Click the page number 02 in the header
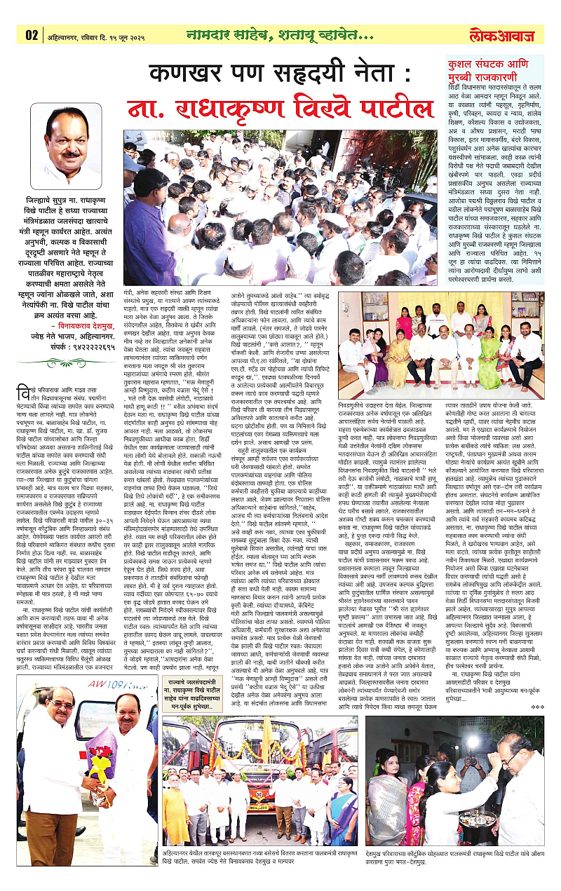point(32,34)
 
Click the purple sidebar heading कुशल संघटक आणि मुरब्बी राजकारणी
point(491,68)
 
